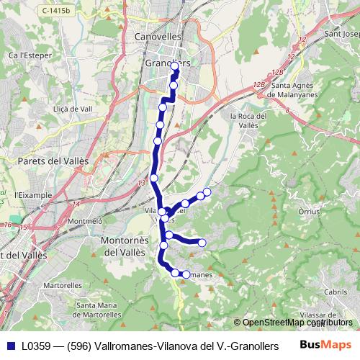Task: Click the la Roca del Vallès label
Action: [248, 120]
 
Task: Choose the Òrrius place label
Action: [307, 213]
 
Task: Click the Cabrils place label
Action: [336, 292]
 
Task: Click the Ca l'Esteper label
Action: [22, 55]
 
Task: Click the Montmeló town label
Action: [86, 221]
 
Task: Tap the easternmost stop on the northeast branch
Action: [207, 191]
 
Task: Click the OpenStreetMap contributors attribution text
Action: [297, 323]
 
